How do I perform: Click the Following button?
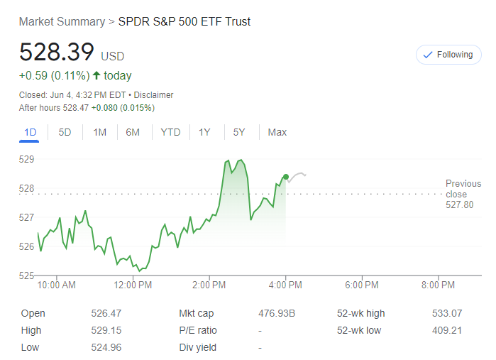coord(448,55)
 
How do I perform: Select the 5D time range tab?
coord(65,132)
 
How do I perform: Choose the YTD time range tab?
coord(170,132)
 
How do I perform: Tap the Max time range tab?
coord(277,132)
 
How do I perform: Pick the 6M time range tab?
coord(133,132)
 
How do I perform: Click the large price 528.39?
coord(57,53)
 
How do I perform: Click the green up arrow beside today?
coord(96,76)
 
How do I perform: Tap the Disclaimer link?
coord(154,95)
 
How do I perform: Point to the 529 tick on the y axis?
coord(26,159)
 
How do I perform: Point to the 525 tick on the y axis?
coord(26,276)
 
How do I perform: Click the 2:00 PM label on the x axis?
coord(209,285)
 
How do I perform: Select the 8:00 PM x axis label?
coord(438,285)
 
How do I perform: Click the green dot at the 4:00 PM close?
coord(285,177)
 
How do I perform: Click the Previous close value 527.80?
coord(459,205)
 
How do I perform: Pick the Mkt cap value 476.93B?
coord(277,313)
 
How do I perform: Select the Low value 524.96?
coord(106,347)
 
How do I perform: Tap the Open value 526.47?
coord(106,313)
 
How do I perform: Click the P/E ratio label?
coord(198,330)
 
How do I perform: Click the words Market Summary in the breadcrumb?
coord(61,21)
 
